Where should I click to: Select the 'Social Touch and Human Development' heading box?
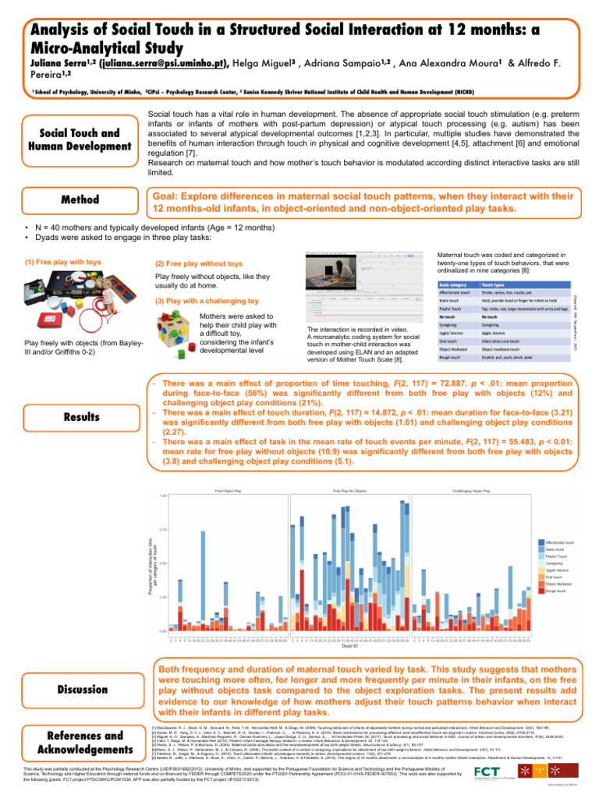80,139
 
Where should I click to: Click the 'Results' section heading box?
80,416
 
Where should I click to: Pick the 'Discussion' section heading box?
80,689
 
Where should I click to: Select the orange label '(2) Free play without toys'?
200,264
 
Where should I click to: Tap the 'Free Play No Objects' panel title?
349,491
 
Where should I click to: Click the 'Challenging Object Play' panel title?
470,491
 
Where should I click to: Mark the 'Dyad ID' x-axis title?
350,646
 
